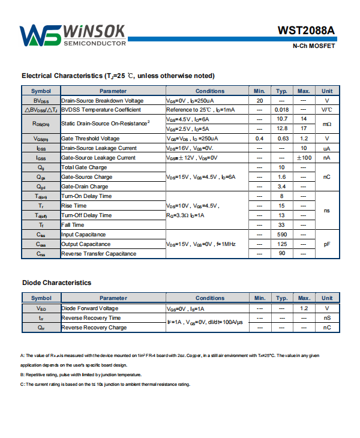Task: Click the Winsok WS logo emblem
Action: (x=40, y=35)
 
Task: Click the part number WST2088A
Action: (x=306, y=30)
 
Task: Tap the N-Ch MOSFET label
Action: (x=314, y=46)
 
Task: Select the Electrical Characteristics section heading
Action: (x=118, y=76)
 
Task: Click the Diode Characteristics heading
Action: (x=56, y=282)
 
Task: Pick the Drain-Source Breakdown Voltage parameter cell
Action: (x=103, y=100)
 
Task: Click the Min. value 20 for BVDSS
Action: (x=260, y=100)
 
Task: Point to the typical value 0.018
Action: (x=281, y=110)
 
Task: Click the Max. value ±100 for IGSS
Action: (x=304, y=158)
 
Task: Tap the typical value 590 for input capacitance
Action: (x=281, y=235)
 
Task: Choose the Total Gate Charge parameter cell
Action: (x=84, y=167)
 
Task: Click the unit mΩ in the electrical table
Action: (x=327, y=124)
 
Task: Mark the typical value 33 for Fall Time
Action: (x=281, y=225)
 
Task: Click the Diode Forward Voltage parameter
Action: (x=90, y=308)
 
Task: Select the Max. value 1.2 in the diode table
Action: (x=304, y=308)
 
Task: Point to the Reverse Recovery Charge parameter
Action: (x=94, y=328)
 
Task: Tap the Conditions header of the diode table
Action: (x=210, y=298)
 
